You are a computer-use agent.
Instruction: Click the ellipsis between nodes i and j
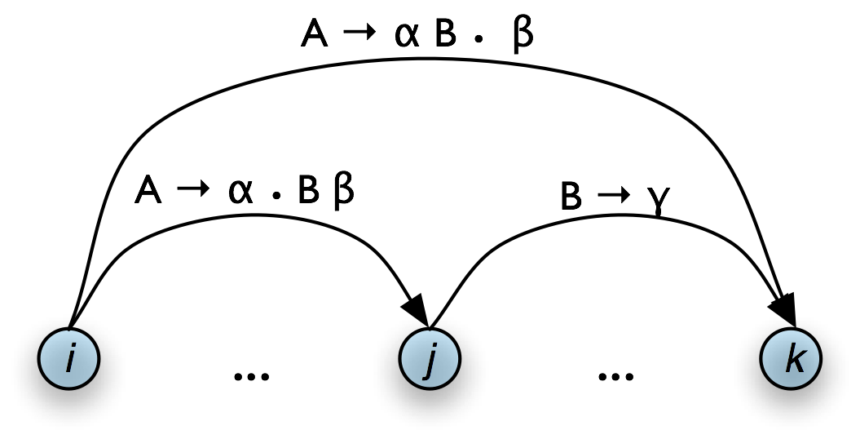tap(251, 376)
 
